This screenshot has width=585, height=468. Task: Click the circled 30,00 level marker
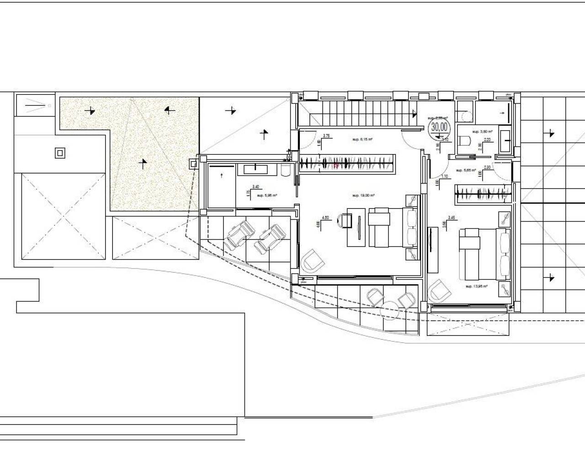point(440,126)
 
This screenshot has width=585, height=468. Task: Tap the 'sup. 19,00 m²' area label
point(363,195)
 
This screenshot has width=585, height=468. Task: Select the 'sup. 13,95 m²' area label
point(476,286)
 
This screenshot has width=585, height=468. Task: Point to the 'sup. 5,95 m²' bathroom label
point(267,195)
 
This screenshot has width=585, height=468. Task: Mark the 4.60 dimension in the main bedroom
point(325,218)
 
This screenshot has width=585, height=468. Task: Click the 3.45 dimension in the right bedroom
point(451,218)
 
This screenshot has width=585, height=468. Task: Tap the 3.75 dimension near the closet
point(326,136)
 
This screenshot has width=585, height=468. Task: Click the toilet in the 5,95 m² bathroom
point(286,170)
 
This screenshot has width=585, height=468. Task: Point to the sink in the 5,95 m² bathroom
point(256,169)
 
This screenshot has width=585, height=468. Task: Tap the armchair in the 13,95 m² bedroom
point(437,291)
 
